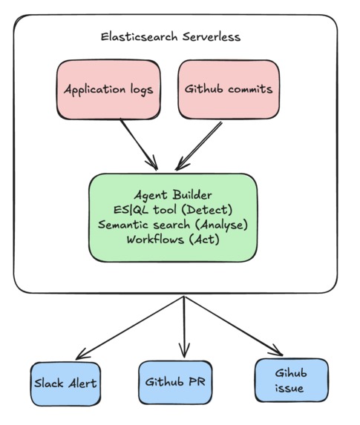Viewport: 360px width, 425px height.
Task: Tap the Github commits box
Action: coord(227,90)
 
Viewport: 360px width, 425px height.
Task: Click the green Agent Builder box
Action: coord(173,217)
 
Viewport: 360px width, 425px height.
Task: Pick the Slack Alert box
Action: coord(65,383)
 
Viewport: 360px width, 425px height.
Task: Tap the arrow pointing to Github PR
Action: coord(184,326)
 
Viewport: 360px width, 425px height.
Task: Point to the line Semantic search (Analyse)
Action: coord(173,224)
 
